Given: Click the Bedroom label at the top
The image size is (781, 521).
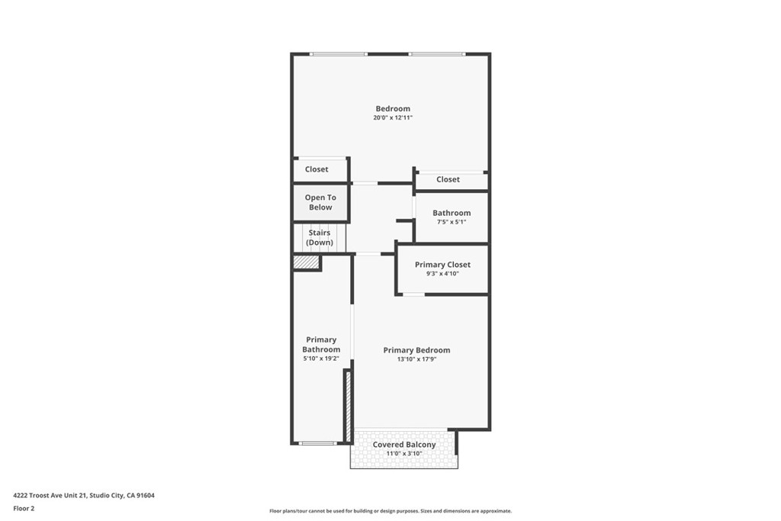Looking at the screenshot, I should tap(393, 108).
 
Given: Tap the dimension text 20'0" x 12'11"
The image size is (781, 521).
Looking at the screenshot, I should tap(393, 117).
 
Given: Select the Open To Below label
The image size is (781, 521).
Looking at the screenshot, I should tap(320, 202).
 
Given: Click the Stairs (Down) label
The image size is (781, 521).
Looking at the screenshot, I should tap(320, 237).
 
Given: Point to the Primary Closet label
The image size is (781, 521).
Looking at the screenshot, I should tap(442, 265).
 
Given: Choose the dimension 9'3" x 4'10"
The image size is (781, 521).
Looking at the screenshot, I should tap(442, 273).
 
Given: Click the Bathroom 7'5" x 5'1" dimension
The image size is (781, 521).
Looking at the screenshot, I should tap(451, 222).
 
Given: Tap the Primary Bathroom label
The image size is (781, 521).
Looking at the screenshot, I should tap(321, 345).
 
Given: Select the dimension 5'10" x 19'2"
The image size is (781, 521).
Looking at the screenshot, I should tap(321, 359).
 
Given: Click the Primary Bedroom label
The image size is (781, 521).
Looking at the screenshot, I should tap(416, 350).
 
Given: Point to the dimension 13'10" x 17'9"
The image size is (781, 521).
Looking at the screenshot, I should tap(416, 359).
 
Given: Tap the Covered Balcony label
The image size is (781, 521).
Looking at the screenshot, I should tap(404, 445).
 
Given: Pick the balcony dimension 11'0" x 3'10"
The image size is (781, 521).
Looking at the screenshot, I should tap(404, 454).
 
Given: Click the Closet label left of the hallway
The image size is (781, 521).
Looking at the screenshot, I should tap(317, 169).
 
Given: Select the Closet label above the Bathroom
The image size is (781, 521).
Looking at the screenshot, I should tap(448, 179).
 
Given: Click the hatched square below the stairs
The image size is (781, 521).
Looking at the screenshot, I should tap(306, 262).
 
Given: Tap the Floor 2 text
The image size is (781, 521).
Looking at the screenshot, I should tap(24, 508).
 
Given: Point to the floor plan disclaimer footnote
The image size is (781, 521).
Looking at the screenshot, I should tap(390, 511).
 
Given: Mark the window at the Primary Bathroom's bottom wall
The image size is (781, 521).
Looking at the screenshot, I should tap(317, 443).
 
